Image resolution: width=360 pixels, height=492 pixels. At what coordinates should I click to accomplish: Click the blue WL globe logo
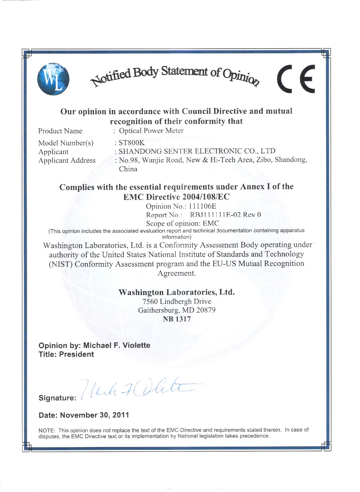tap(53, 79)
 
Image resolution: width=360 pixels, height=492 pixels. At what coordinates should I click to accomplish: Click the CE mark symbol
tap(296, 79)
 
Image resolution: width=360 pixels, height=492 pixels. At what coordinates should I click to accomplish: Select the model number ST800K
tap(131, 143)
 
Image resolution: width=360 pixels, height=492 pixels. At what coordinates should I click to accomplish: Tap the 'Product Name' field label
tap(60, 131)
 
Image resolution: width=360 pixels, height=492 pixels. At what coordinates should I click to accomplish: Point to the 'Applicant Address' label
tap(67, 160)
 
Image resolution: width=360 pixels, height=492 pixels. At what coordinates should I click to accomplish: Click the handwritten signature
tap(137, 388)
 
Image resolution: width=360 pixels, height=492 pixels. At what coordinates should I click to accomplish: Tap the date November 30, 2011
tap(94, 415)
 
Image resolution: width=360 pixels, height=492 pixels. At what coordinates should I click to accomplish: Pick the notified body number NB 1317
tap(177, 319)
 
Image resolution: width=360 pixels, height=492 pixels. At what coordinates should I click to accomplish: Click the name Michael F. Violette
tap(117, 345)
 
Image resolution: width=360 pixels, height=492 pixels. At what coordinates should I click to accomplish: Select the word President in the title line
tap(76, 354)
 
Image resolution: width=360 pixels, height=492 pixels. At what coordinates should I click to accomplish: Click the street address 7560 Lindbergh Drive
tap(177, 301)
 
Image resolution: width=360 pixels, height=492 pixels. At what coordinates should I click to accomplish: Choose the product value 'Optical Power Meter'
tap(151, 131)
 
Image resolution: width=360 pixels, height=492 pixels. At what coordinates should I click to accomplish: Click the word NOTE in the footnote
tap(46, 430)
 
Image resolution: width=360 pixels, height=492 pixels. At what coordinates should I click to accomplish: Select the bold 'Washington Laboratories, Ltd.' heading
tap(176, 292)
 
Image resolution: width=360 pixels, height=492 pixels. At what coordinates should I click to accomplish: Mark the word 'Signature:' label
tap(57, 398)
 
